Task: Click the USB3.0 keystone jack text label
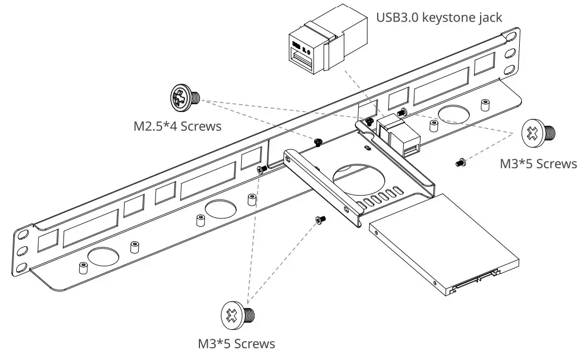coord(439,17)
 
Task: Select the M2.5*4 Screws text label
coord(177,126)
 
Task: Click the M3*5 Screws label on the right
coord(538,163)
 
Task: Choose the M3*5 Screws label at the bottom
coord(236,343)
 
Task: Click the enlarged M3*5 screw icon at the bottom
coord(237,315)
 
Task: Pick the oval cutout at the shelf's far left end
coord(102,256)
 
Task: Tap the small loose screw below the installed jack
coord(460,162)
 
